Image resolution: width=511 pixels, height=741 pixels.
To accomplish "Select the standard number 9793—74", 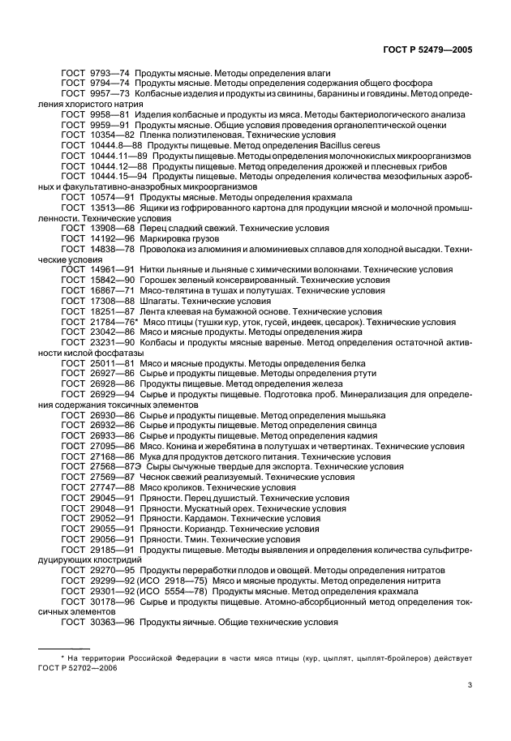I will coord(108,73).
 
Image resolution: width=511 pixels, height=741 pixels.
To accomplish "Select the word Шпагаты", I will coord(158,301).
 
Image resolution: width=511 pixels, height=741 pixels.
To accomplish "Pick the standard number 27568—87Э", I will coord(113,467).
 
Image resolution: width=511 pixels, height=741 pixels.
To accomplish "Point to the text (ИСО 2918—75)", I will coord(172,580).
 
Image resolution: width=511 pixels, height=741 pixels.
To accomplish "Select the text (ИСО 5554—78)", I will coord(172,591).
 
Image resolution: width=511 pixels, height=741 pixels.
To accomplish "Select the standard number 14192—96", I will coord(110,238).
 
